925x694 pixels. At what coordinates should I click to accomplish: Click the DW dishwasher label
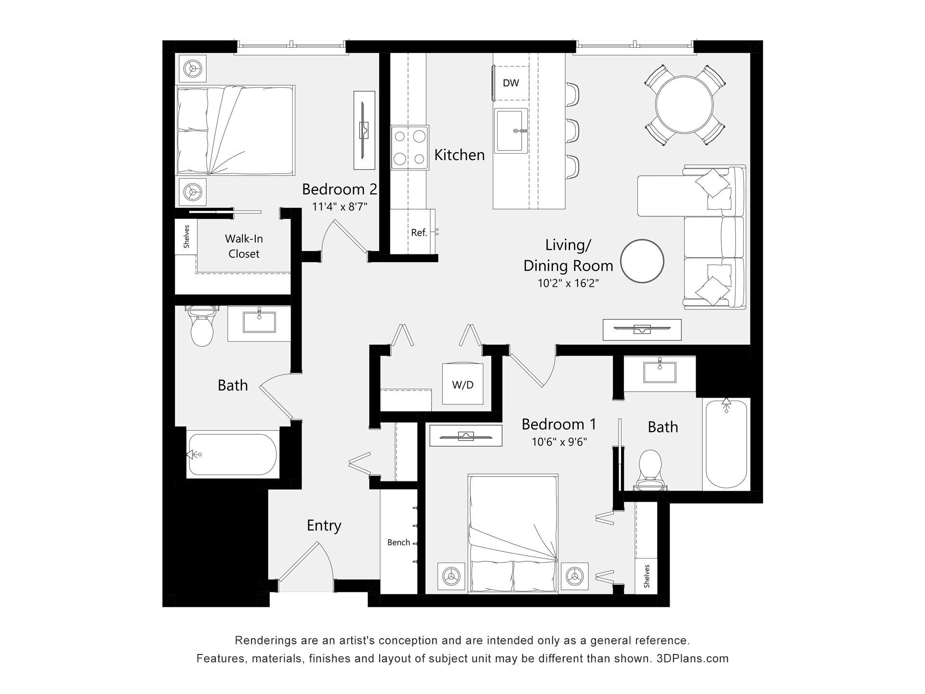511,83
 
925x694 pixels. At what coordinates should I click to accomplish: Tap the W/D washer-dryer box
462,384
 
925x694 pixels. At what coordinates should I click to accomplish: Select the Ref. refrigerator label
419,233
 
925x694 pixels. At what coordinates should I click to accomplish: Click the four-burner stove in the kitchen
410,147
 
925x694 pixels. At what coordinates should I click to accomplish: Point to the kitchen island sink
511,130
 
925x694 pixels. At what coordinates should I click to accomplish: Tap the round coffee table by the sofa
642,261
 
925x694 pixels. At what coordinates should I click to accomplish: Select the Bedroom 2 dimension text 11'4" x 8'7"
340,207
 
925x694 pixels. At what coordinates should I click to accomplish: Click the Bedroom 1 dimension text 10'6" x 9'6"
559,442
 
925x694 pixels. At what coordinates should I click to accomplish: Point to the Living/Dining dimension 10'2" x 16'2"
568,283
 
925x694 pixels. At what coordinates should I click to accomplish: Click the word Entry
324,525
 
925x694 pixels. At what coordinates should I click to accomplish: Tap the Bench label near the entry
398,543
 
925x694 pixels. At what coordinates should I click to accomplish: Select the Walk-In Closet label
244,246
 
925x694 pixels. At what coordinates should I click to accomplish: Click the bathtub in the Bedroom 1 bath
726,444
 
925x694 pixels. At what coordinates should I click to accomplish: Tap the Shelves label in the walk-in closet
186,237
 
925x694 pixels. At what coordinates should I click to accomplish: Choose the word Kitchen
459,155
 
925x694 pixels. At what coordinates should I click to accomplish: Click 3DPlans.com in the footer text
692,658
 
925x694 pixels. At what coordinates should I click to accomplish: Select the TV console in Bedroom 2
364,130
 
